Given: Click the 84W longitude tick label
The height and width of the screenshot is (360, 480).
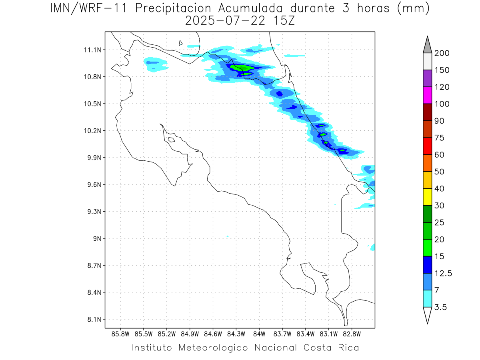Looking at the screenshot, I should pyautogui.click(x=259, y=334).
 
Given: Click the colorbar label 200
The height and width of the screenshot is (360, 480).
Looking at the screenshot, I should pyautogui.click(x=442, y=53).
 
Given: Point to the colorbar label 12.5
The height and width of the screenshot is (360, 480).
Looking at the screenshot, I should pyautogui.click(x=444, y=273).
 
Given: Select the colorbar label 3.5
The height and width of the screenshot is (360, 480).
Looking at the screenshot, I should pyautogui.click(x=440, y=307).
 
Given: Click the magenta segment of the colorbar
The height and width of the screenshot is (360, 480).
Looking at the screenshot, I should pyautogui.click(x=427, y=95).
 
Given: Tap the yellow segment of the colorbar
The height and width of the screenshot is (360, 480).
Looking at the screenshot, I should pyautogui.click(x=427, y=197).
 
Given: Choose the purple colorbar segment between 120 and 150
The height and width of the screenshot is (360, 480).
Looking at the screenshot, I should pyautogui.click(x=427, y=78).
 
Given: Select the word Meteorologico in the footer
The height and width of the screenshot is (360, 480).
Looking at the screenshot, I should pyautogui.click(x=216, y=347).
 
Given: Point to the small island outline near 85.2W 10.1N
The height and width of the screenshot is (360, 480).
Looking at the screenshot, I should pyautogui.click(x=171, y=140).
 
